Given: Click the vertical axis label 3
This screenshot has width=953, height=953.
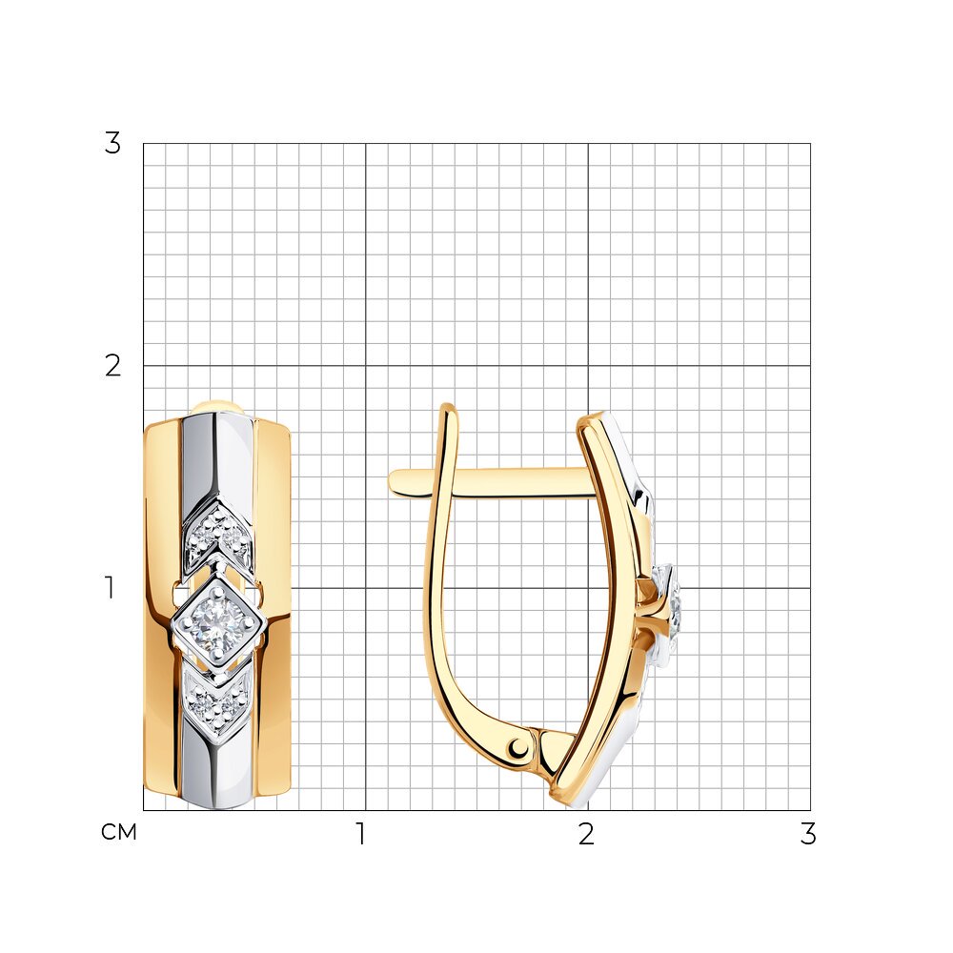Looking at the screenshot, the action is tap(112, 144).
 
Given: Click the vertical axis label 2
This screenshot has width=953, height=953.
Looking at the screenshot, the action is tap(112, 366).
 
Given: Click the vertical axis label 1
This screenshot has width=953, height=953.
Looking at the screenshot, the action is tap(110, 588).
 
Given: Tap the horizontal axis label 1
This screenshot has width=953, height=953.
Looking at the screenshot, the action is tap(361, 834).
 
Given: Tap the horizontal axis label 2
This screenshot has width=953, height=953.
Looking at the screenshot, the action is tap(586, 834).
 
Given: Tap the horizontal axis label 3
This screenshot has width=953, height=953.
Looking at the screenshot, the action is tap(808, 834).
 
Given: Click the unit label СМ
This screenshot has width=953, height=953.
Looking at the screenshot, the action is tap(119, 832).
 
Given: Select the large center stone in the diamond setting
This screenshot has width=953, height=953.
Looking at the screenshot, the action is tap(217, 623).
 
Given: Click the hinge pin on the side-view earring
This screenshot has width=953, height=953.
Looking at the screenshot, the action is tap(520, 747).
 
